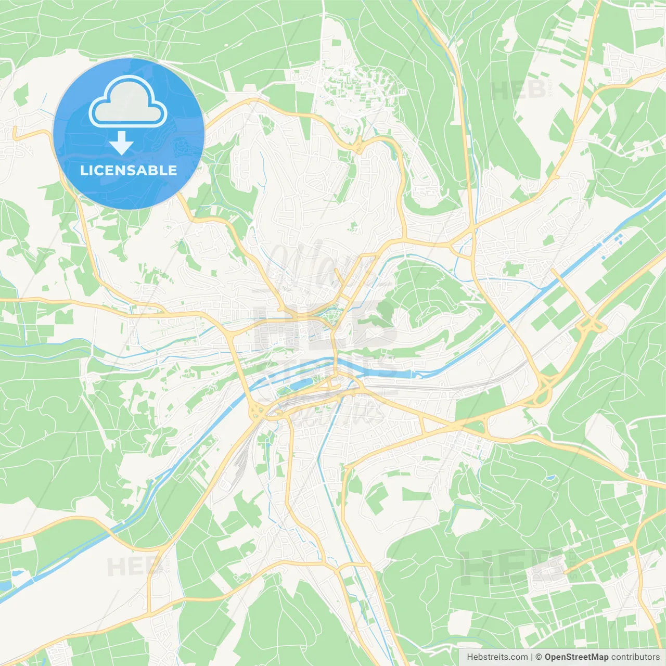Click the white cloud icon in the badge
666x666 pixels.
pos(128,102)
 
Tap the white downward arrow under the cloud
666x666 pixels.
pos(121,143)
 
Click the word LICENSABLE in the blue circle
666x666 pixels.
pos(129,170)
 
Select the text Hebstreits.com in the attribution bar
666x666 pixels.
pos(497,657)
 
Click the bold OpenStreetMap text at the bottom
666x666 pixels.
pos(576,657)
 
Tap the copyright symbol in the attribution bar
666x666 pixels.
pos(539,657)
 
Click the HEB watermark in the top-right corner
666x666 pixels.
pos(518,91)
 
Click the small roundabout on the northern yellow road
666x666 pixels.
pos(358,147)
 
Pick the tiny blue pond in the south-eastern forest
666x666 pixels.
pos(548,477)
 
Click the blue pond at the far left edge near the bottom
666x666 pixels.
pos(5,585)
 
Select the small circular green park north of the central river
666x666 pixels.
pos(330,313)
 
